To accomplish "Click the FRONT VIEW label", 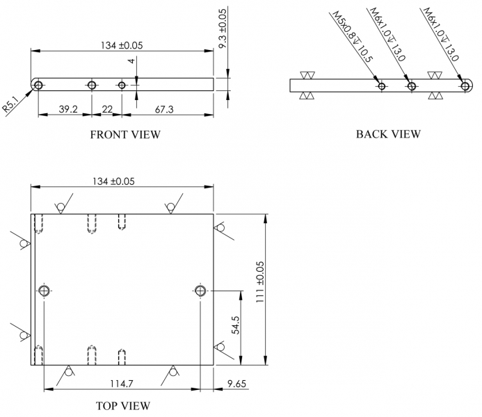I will pos(124,135).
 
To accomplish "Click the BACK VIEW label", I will pos(388,134).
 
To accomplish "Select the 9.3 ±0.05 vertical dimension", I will pos(223,28).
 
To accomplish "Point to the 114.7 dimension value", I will pos(122,384).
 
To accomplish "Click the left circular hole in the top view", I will pos(45,290).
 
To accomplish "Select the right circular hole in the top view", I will pos(200,290).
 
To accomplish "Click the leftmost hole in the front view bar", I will pos(37,85).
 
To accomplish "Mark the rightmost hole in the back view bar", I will pos(465,85).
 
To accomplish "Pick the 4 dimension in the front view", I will pos(131,62).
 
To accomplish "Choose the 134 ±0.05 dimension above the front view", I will pos(122,45).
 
